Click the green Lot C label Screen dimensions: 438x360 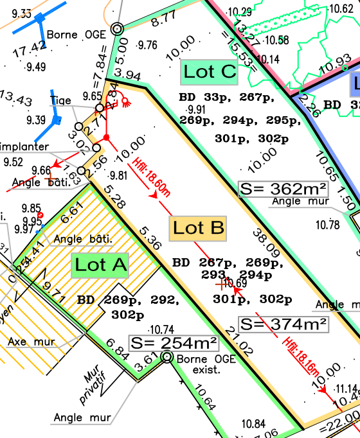(209, 71)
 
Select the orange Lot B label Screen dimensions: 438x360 (199, 228)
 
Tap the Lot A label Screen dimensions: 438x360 (101, 264)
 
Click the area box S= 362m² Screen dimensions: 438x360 (283, 188)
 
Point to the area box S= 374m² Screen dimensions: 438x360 (283, 324)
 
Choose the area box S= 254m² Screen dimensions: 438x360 (174, 343)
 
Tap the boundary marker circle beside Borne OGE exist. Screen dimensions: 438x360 (167, 356)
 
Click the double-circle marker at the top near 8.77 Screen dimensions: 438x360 (116, 29)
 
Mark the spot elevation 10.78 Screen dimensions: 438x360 (327, 224)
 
